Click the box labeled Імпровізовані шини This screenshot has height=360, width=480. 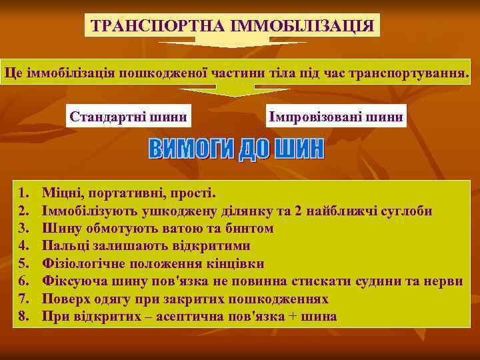335,117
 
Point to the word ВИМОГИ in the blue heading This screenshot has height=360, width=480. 191,149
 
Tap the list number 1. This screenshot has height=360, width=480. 24,194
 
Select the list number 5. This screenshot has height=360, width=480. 24,263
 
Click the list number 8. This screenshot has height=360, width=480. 24,315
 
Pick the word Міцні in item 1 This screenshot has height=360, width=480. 60,194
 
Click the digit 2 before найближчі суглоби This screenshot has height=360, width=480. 298,211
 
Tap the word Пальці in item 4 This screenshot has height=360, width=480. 61,246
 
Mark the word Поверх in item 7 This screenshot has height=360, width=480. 64,298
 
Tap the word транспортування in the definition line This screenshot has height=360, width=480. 415,72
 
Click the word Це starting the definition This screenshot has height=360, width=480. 13,72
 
